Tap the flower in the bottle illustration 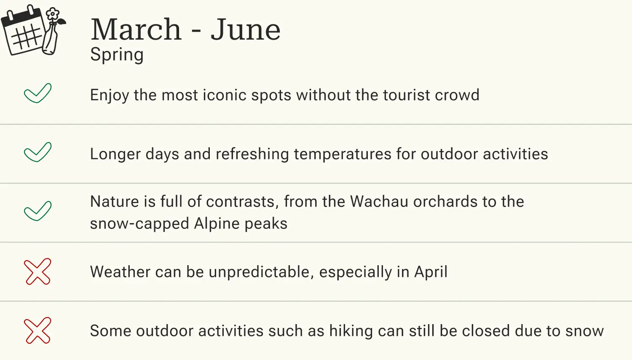(x=52, y=14)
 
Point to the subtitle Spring (x=117, y=55)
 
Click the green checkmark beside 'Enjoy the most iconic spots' (x=37, y=93)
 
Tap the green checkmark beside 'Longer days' (x=37, y=152)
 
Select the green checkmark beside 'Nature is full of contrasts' (x=37, y=211)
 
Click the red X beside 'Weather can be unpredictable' (x=37, y=271)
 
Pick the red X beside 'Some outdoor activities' (x=37, y=330)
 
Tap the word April (x=431, y=272)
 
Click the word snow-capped (x=139, y=224)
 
